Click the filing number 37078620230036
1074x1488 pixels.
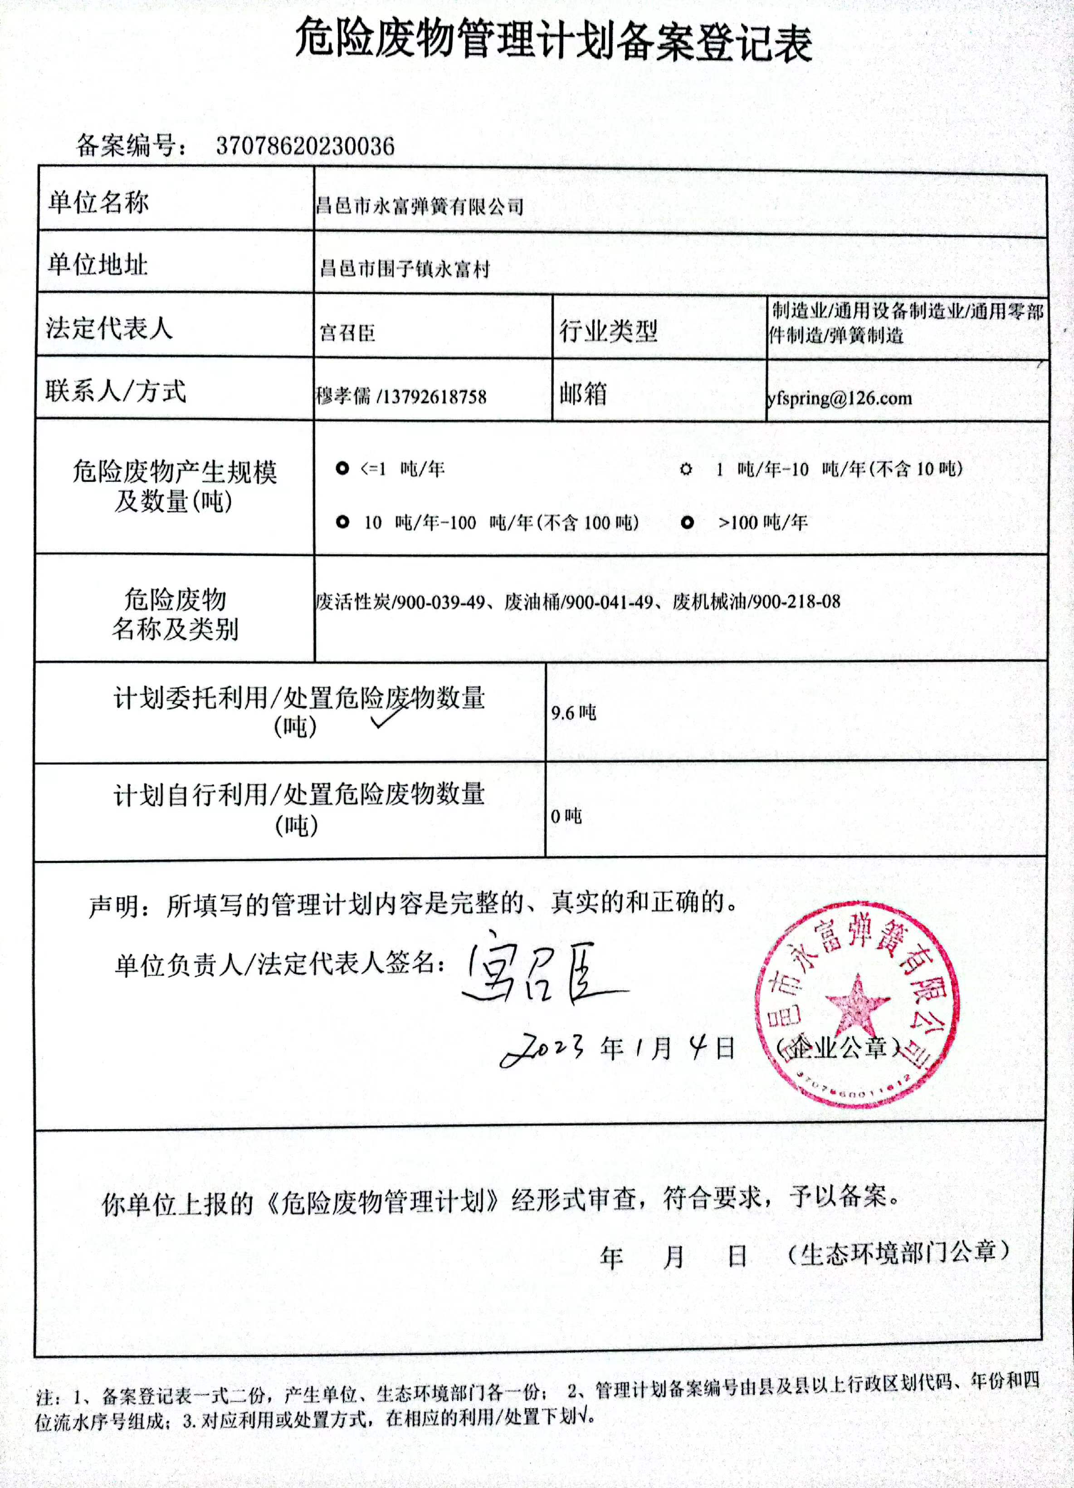305,146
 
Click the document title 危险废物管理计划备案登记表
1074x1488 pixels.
553,41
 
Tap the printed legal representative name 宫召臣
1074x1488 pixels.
348,333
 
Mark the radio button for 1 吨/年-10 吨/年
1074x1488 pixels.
686,469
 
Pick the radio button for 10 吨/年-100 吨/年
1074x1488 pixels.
342,522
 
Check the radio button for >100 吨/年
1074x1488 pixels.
687,522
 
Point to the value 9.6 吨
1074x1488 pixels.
573,713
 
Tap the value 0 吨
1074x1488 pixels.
566,816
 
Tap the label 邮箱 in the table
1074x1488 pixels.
583,394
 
